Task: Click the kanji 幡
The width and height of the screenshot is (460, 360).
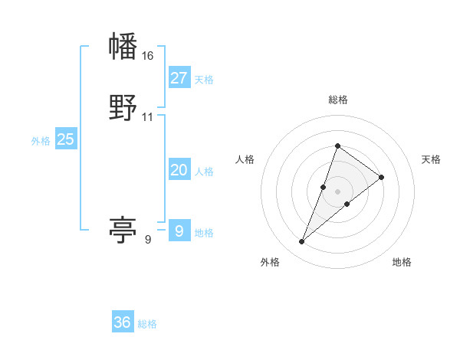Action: [x=123, y=47]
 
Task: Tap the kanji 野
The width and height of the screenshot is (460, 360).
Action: [x=123, y=108]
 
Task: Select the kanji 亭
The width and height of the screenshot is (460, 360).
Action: [x=123, y=230]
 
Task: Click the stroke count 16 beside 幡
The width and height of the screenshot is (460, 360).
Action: [x=148, y=56]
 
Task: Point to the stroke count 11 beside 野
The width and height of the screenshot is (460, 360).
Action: [x=148, y=117]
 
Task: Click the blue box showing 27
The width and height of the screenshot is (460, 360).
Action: [x=179, y=78]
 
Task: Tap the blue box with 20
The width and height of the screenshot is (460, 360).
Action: [x=179, y=170]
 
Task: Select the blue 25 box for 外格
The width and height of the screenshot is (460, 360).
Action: [x=65, y=139]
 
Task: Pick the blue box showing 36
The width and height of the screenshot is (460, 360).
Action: [x=122, y=322]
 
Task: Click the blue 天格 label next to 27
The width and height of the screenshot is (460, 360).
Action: [x=204, y=80]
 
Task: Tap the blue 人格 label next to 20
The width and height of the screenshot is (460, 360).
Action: [x=204, y=172]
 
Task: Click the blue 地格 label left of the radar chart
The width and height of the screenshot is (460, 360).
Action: [x=204, y=233]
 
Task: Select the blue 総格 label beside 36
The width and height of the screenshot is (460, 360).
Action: [x=147, y=324]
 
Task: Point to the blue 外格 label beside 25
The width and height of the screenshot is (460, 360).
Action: [x=41, y=141]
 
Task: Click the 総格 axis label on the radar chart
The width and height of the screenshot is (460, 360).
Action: [x=337, y=100]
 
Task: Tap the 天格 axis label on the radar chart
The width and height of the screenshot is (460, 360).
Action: [x=432, y=159]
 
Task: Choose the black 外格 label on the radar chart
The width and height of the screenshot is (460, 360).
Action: [x=270, y=262]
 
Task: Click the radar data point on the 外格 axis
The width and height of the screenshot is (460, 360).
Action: [x=301, y=242]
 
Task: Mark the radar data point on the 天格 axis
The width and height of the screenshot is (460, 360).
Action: [x=381, y=177]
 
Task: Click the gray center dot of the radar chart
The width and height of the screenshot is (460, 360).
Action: [x=337, y=191]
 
